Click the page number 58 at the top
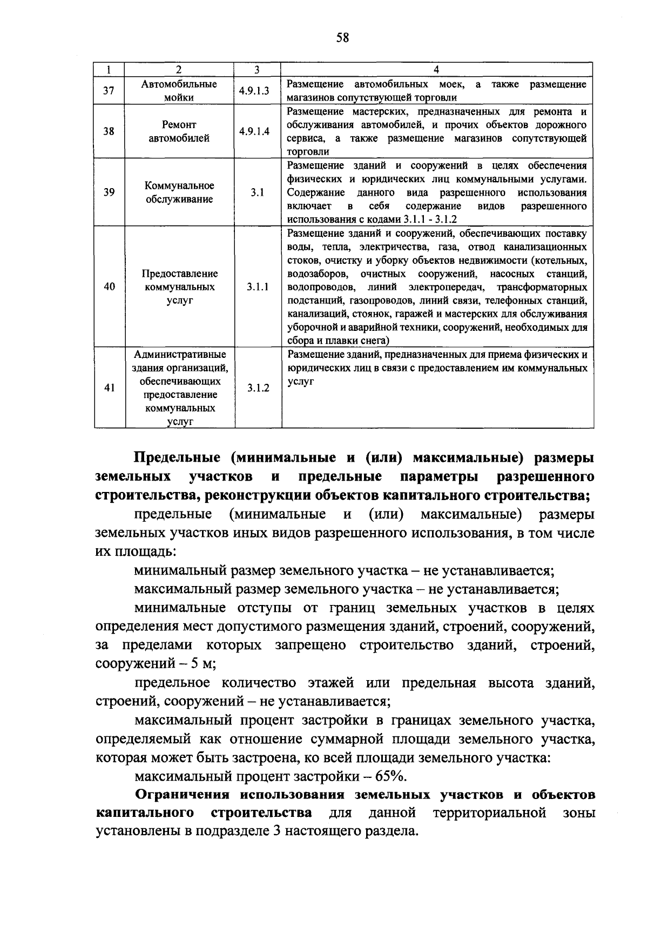(x=342, y=37)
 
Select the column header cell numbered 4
(x=436, y=69)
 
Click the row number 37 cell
(x=109, y=90)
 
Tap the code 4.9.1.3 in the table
(x=256, y=90)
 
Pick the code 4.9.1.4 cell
(x=256, y=131)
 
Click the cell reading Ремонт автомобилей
(x=179, y=131)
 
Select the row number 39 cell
(x=109, y=192)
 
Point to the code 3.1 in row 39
(x=257, y=192)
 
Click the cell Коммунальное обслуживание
(x=179, y=192)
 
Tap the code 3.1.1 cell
(x=258, y=287)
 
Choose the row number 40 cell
(x=109, y=287)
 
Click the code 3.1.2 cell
(x=258, y=388)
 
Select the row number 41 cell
(x=109, y=388)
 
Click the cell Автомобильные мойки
(x=179, y=90)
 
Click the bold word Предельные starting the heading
(x=177, y=457)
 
